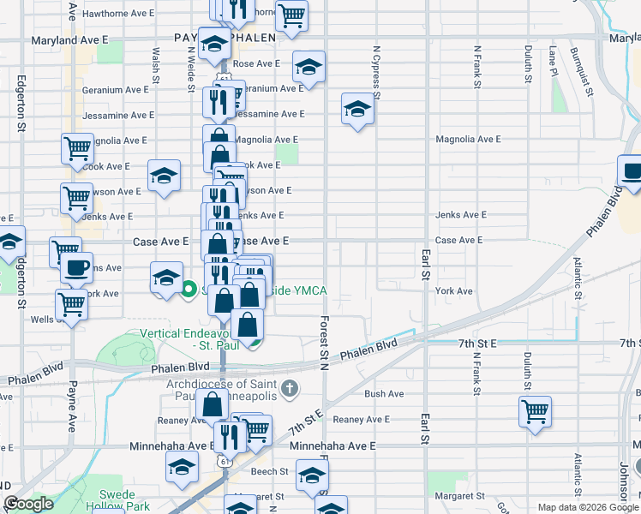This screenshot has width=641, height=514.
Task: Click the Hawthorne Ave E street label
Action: (x=117, y=13)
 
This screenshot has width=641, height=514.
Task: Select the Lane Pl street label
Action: (x=553, y=63)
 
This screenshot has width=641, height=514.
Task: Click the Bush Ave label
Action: (x=383, y=394)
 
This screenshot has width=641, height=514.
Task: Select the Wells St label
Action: (x=42, y=319)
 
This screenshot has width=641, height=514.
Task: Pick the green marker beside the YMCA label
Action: (x=189, y=290)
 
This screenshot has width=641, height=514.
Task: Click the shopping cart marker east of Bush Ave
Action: (x=535, y=410)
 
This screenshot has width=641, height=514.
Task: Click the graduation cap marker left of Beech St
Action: (x=181, y=467)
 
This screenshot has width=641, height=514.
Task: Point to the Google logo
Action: (x=29, y=504)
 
